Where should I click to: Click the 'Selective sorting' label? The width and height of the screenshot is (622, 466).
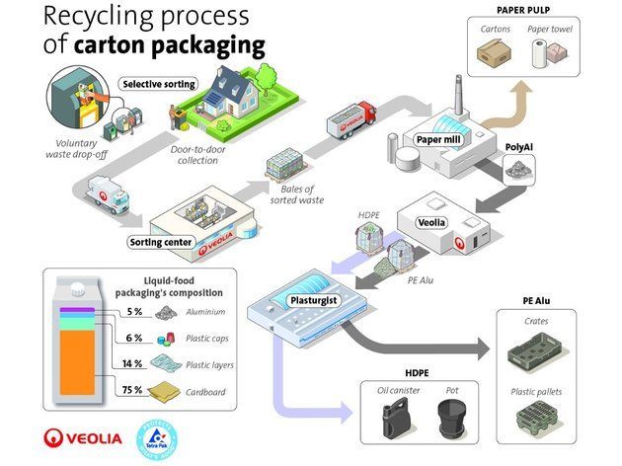tap(158, 85)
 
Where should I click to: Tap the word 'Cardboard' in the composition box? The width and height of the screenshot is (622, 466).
tap(206, 390)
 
